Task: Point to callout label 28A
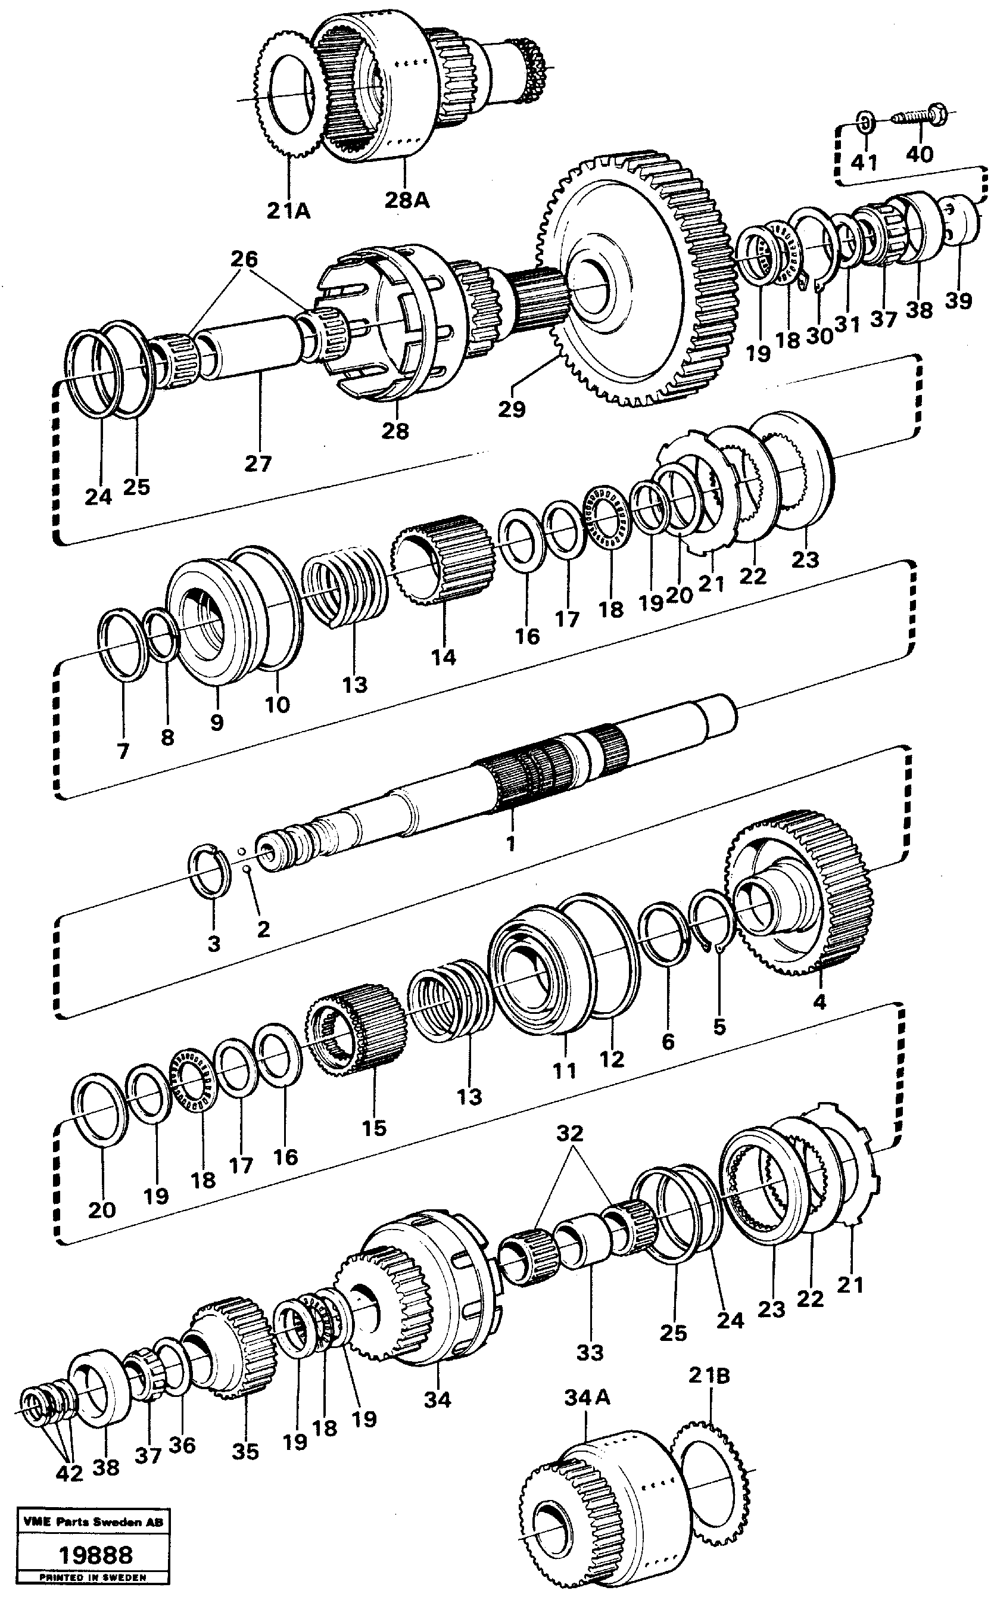click(x=407, y=201)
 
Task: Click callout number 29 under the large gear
click(x=512, y=409)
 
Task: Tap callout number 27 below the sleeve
click(x=258, y=464)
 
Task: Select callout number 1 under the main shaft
click(x=511, y=844)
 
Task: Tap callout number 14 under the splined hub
click(x=443, y=657)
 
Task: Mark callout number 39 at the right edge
click(x=958, y=301)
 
